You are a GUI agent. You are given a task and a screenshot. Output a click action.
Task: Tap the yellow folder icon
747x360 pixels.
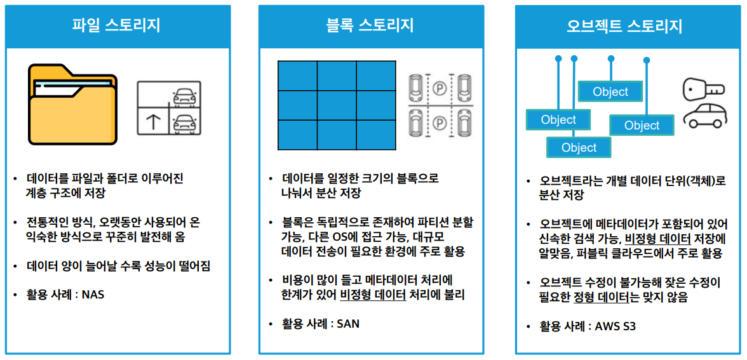72,104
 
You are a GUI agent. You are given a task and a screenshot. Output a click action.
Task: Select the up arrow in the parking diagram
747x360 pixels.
153,121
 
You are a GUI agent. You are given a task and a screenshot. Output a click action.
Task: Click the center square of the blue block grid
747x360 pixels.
337,105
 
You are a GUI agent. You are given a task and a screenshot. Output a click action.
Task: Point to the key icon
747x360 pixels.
703,90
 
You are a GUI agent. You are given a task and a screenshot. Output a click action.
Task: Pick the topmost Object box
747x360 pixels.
610,91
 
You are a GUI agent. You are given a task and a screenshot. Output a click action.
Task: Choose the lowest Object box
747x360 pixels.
579,148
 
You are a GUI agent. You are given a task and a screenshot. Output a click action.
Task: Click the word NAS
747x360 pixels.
93,295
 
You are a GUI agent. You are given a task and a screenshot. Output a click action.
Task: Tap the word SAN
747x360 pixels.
348,324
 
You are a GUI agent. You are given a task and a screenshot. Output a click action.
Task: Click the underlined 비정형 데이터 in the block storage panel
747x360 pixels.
373,295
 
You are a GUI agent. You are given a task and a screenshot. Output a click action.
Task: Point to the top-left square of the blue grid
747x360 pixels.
297,76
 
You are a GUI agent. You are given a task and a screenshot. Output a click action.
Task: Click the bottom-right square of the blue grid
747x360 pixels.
376,135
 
